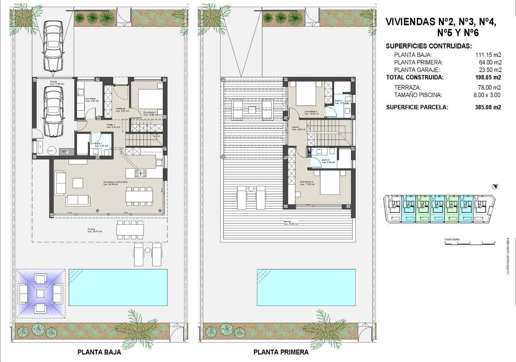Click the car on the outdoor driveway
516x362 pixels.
(x=53, y=45)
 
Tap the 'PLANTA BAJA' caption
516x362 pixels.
(x=99, y=352)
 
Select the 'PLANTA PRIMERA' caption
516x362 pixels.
(x=281, y=352)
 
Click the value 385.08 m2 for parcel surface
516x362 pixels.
(x=488, y=108)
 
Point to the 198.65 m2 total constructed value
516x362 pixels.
(x=488, y=77)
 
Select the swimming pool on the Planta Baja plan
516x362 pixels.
(x=118, y=287)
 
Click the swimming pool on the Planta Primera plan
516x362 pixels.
(x=306, y=287)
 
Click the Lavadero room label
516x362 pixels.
(x=90, y=99)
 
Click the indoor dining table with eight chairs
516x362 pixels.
(x=139, y=197)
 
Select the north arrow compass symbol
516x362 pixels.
(x=495, y=186)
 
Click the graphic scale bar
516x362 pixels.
(x=470, y=242)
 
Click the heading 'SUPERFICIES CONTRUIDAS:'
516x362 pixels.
(x=429, y=46)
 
